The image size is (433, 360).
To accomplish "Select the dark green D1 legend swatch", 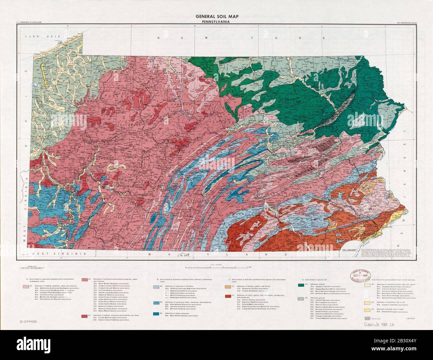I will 301,285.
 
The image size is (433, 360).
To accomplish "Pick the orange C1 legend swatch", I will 228,286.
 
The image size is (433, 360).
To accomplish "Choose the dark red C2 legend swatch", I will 228,296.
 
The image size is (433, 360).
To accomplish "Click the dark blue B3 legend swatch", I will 156,314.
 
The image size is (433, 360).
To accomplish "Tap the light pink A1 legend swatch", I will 26,286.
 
